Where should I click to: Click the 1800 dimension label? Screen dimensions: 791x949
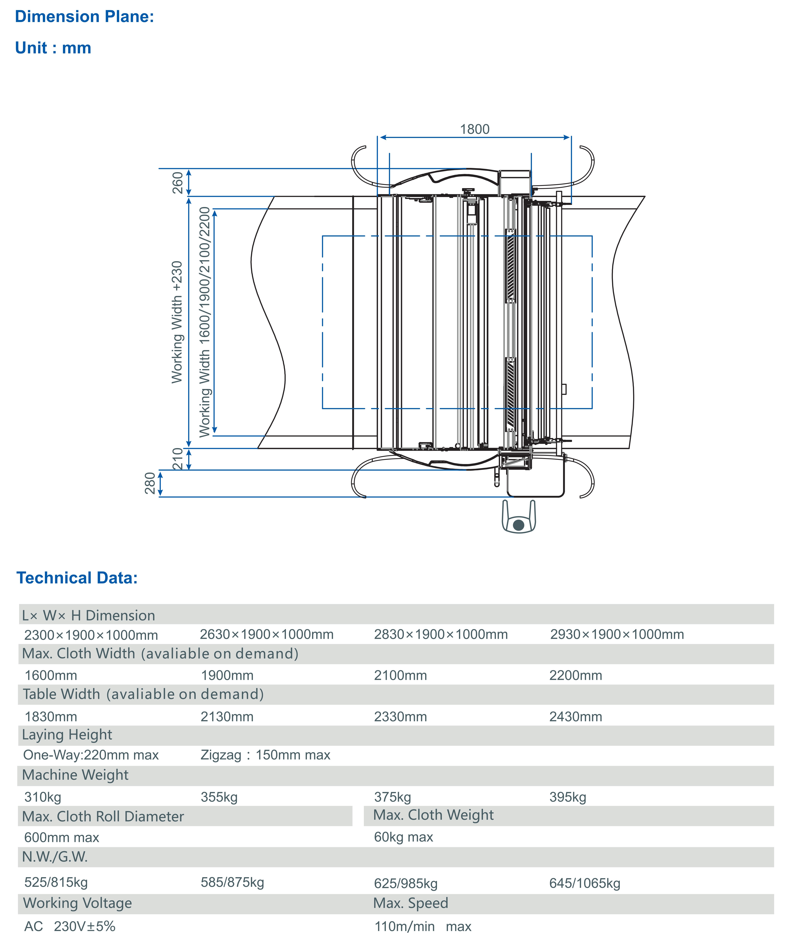[475, 129]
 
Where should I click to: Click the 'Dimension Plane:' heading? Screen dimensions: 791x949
[85, 17]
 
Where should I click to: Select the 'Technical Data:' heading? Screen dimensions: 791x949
[77, 578]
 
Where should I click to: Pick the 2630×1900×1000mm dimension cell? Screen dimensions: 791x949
[267, 635]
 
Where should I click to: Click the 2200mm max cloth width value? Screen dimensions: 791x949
[575, 676]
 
